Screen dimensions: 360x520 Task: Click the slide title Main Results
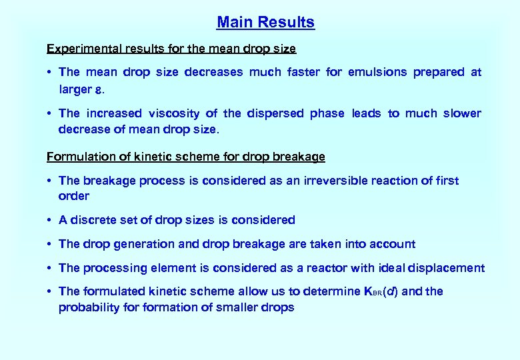(x=265, y=22)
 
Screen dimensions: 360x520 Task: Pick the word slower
(x=459, y=113)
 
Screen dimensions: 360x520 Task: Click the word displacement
(x=448, y=268)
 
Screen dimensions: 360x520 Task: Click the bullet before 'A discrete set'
(x=50, y=220)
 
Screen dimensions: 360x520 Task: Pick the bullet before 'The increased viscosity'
(x=50, y=113)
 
